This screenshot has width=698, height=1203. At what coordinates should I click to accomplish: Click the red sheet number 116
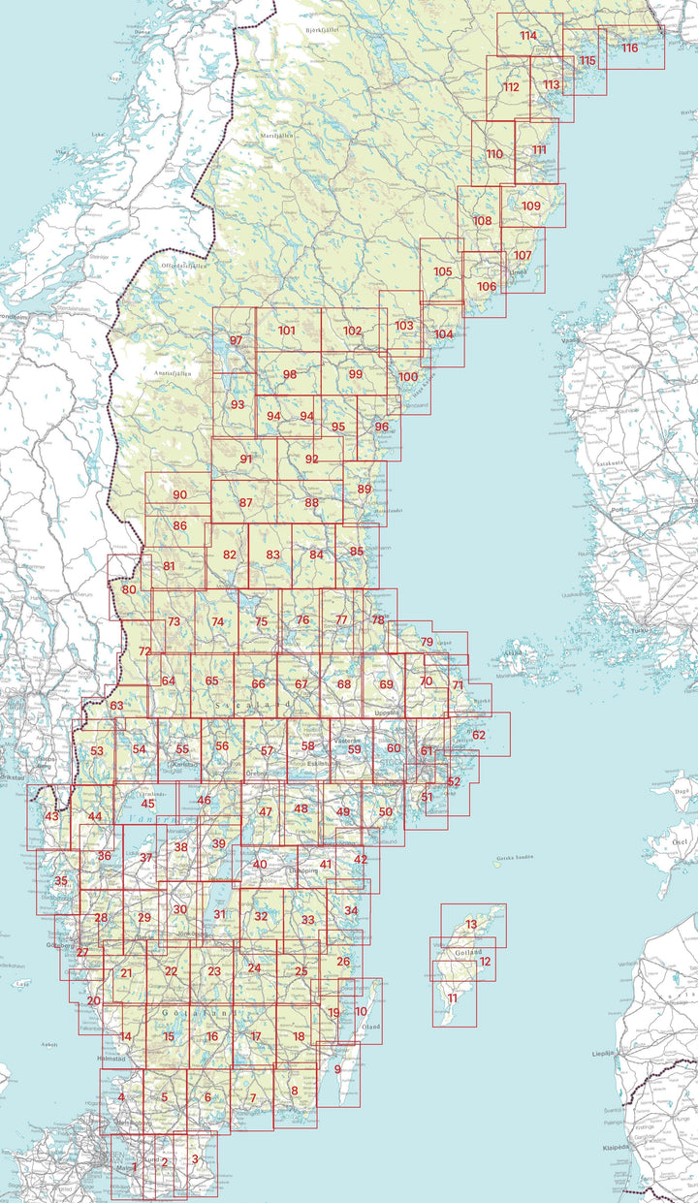[x=630, y=47]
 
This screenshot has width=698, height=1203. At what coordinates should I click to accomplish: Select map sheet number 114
[x=527, y=36]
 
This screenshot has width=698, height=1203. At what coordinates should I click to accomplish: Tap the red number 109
[x=531, y=206]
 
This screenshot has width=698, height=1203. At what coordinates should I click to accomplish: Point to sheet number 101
[x=286, y=331]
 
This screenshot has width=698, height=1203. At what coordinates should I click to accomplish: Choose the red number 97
[x=236, y=340]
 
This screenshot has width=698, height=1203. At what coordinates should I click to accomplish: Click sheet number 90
[x=178, y=495]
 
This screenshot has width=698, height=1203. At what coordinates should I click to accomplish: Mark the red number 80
[x=129, y=589]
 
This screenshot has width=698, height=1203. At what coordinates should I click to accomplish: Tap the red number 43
[x=52, y=816]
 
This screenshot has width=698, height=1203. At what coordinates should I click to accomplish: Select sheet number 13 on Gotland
[x=471, y=925]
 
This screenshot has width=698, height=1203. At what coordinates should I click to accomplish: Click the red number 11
[x=452, y=997]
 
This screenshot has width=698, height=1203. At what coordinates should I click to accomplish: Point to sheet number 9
[x=337, y=1069]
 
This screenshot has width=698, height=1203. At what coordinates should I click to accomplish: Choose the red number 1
[x=134, y=1166]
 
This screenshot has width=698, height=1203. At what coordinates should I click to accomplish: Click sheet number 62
[x=479, y=735]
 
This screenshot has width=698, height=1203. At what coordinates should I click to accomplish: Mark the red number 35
[x=61, y=881]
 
